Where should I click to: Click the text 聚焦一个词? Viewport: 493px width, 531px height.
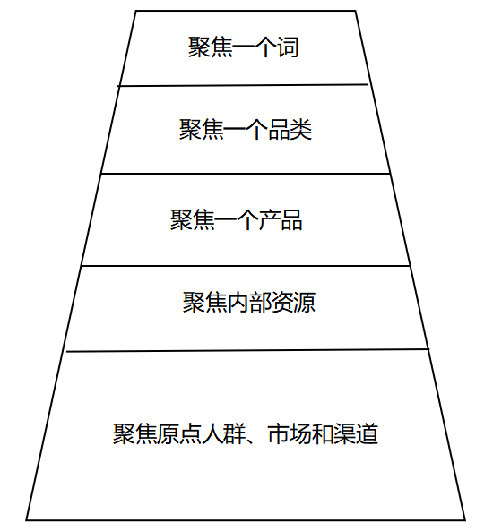244,47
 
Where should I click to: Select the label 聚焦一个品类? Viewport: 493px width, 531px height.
246,129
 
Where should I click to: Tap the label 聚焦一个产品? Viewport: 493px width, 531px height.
237,220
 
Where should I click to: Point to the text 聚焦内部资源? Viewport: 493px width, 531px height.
249,302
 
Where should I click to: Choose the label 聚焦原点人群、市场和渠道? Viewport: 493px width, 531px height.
246,433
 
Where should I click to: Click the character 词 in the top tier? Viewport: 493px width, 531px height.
289,47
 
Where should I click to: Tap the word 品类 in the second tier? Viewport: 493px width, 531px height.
290,129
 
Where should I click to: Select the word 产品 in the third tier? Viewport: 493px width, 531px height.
281,220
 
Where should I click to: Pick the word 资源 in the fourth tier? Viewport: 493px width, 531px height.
294,302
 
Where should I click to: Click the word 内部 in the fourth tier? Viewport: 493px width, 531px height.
249,302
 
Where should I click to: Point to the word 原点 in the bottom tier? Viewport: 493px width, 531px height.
179,433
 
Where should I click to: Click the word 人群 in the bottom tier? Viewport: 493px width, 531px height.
223,433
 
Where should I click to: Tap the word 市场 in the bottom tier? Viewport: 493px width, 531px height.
290,433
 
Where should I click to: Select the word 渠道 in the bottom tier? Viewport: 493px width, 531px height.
356,433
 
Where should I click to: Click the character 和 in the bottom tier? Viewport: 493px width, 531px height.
323,433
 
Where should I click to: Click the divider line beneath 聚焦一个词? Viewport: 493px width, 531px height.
242,85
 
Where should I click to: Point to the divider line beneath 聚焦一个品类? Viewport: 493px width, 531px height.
246,174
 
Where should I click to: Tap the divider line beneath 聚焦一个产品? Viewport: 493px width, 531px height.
246,266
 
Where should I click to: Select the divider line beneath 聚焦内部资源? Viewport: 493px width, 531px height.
247,350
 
